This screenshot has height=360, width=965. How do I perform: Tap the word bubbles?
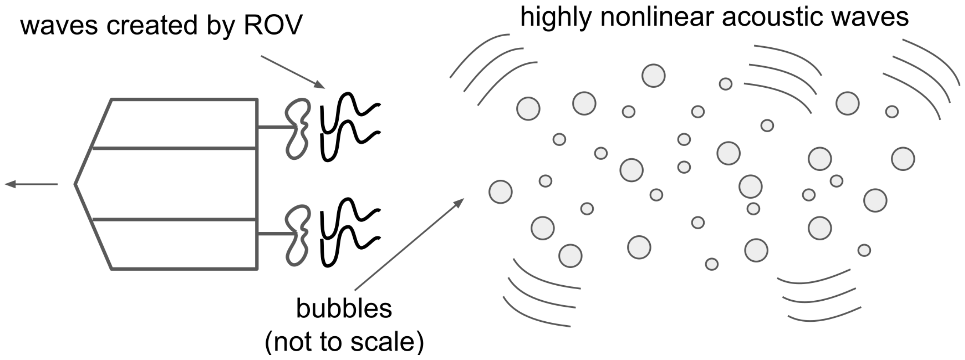click(x=344, y=309)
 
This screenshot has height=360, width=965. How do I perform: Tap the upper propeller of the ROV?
click(x=298, y=129)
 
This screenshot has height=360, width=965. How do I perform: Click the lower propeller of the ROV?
click(x=298, y=235)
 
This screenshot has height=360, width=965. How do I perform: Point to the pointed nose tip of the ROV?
click(x=76, y=184)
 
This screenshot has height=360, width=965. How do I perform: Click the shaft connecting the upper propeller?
click(x=276, y=127)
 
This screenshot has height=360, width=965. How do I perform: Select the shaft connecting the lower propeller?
click(x=276, y=234)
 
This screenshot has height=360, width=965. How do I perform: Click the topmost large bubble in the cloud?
click(x=653, y=76)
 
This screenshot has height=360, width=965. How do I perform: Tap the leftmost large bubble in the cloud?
click(x=500, y=192)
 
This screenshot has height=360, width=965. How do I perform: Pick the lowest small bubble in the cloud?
click(x=712, y=264)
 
